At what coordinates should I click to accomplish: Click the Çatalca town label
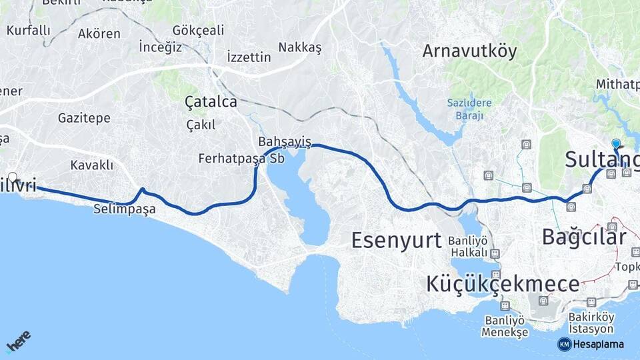coord(211,102)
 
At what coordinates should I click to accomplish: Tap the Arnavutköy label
coord(469,51)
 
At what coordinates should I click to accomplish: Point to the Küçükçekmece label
coord(503,284)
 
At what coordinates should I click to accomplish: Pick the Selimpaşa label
coord(125,209)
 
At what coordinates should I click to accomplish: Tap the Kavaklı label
coord(92,165)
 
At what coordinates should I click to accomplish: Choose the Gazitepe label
coord(84,118)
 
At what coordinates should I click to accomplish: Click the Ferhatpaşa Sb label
coord(241,159)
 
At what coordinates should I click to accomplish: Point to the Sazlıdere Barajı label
coord(469,109)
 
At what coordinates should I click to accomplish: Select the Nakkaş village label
coord(300,47)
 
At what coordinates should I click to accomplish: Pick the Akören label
coord(99,33)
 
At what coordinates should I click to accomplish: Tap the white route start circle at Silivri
coord(12,177)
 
